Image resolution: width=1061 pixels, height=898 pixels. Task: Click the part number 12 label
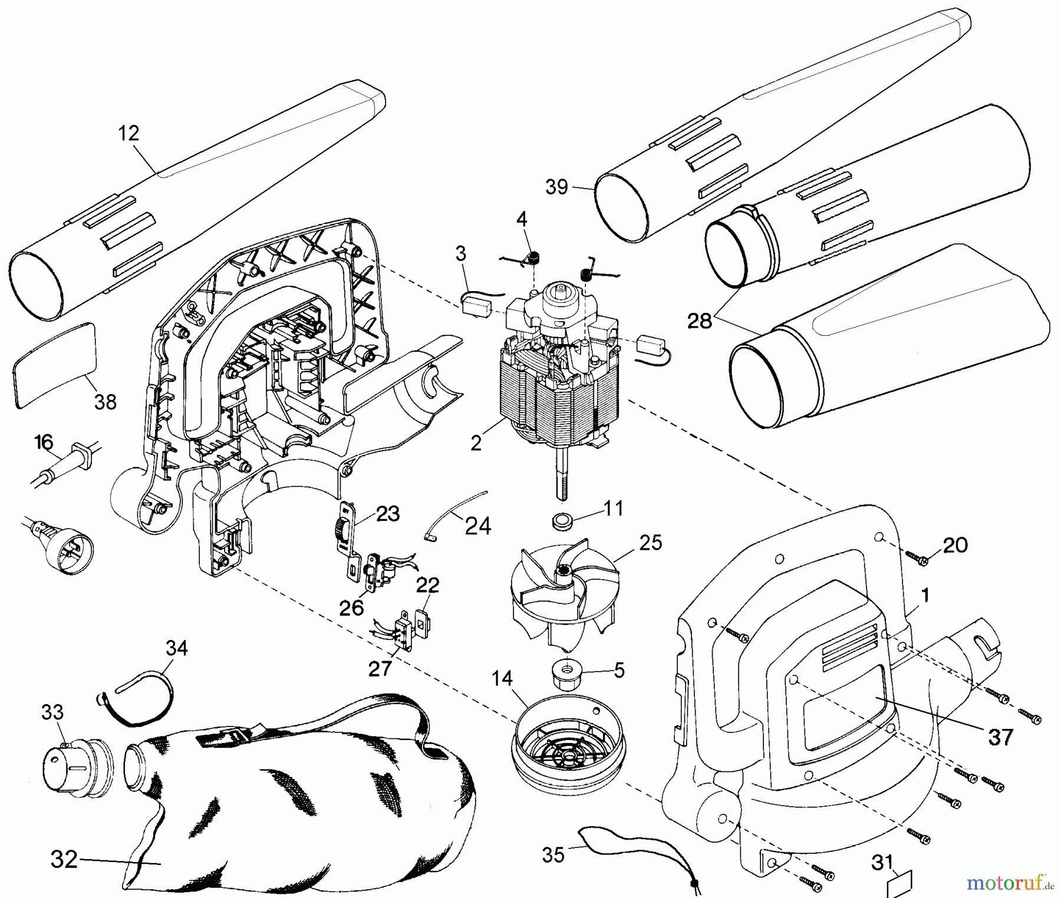(128, 133)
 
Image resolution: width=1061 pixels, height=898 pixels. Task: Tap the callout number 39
(556, 187)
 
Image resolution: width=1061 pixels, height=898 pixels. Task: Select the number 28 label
(700, 321)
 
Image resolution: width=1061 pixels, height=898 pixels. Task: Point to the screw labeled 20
(915, 557)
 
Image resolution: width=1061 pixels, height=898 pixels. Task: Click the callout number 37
(1000, 737)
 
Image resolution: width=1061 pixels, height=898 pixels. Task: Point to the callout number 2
(476, 443)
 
